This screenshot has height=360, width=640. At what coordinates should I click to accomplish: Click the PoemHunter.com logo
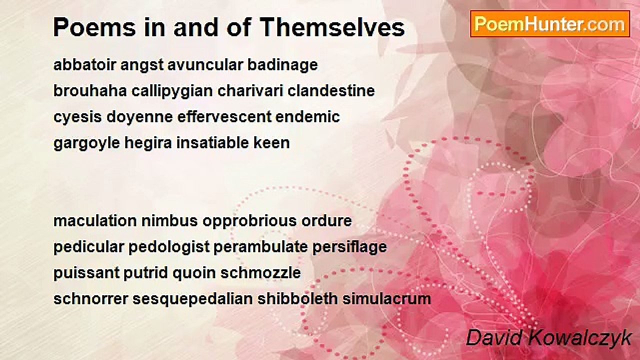550,24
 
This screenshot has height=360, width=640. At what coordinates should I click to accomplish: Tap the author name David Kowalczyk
548,338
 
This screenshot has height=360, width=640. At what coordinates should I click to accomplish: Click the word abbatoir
84,65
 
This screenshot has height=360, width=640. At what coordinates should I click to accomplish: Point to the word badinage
282,65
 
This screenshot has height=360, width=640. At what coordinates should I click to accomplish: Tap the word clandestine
331,91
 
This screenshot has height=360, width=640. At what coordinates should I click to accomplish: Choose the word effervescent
224,117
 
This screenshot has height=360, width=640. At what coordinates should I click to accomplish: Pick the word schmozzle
260,273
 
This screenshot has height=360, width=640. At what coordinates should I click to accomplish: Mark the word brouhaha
90,91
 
